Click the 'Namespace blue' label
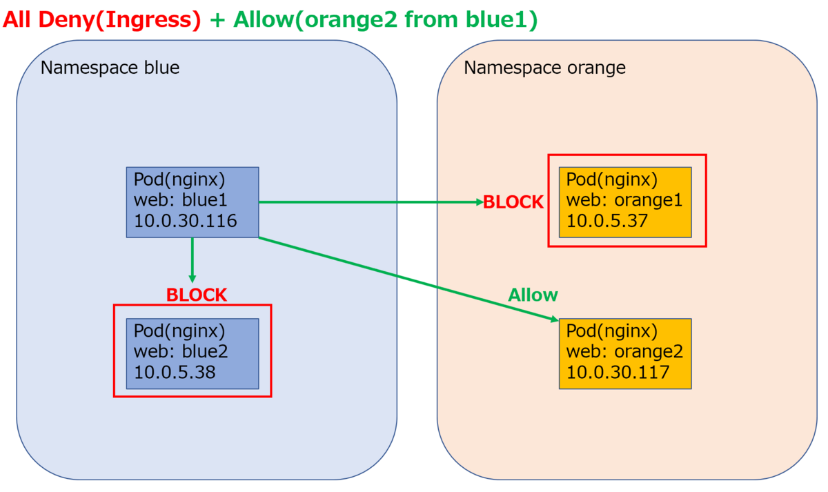[x=110, y=68]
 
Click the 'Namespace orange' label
[x=544, y=68]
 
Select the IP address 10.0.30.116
[x=185, y=221]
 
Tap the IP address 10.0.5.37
[x=607, y=221]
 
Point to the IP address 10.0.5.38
[x=175, y=372]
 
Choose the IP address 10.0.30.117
[x=618, y=372]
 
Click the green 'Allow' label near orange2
[x=533, y=295]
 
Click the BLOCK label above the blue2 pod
[x=196, y=295]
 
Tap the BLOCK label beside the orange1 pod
[x=513, y=202]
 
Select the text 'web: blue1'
[x=180, y=200]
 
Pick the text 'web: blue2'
[x=181, y=351]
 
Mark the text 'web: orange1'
[x=624, y=200]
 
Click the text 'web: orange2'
[x=624, y=351]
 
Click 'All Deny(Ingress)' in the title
[x=101, y=19]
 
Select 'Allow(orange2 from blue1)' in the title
[x=386, y=19]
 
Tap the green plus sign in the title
[x=217, y=20]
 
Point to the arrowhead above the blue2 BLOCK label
[x=193, y=278]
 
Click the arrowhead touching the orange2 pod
[x=554, y=319]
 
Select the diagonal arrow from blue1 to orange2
[x=408, y=279]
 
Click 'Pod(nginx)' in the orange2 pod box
[x=612, y=331]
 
